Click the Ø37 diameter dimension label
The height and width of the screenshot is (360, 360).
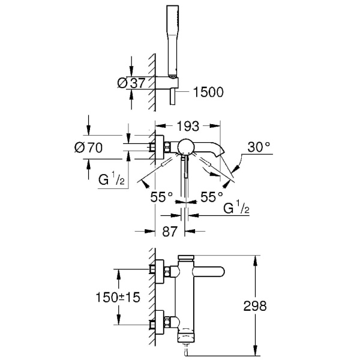129,84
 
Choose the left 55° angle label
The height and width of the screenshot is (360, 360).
161,196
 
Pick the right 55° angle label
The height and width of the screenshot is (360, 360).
212,196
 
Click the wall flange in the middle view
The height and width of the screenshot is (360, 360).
159,146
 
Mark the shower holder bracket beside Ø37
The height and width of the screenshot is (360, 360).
173,82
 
